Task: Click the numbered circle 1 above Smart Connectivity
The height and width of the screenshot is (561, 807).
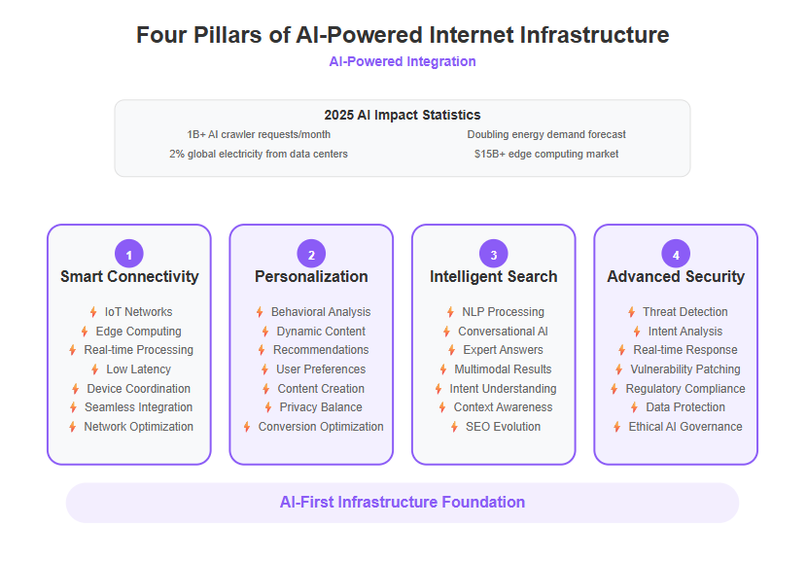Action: point(129,254)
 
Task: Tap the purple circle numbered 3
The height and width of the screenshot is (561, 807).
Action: point(494,254)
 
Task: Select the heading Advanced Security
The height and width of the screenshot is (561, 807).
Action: point(676,277)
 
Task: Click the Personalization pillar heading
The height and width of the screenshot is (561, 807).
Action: point(311,277)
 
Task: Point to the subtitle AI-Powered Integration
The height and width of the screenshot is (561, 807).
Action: point(403,62)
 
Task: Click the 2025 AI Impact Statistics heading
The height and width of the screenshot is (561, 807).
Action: point(403,115)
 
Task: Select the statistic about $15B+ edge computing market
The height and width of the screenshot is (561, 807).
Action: point(546,154)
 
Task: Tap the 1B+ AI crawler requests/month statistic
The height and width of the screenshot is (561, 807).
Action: point(259,134)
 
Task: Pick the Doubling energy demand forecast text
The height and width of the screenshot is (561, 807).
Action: point(546,134)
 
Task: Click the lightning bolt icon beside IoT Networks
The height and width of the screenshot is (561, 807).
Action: point(93,312)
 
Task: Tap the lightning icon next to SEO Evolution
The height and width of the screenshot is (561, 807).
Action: point(454,427)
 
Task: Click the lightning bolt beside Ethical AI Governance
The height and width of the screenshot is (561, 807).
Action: point(617,427)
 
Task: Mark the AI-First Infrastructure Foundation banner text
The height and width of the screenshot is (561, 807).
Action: point(403,503)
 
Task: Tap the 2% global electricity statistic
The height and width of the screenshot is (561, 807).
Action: point(259,154)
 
